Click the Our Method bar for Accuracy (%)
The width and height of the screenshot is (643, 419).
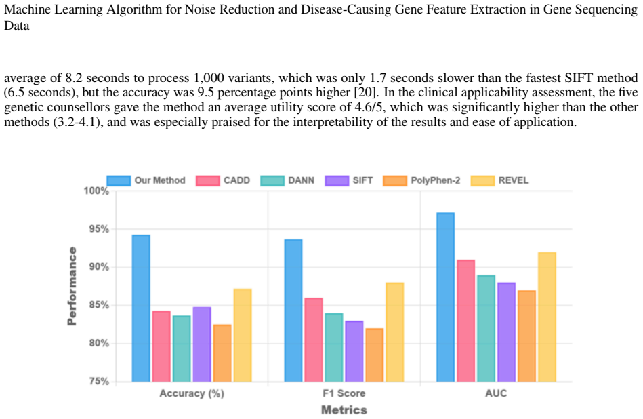[141, 308]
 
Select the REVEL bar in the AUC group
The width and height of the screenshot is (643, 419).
[547, 317]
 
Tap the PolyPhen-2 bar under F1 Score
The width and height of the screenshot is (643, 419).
[375, 355]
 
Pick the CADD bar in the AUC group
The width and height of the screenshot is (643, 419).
[466, 321]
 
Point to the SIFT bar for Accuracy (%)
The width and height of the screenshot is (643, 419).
[202, 344]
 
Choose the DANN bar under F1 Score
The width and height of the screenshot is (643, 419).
[334, 347]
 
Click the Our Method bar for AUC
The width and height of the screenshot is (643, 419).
[445, 297]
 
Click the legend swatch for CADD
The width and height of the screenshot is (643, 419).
[207, 180]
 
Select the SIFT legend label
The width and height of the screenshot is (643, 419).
[362, 180]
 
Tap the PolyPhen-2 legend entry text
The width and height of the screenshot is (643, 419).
[436, 180]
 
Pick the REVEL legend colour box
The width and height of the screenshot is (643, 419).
[482, 180]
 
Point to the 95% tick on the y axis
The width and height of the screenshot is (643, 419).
[99, 229]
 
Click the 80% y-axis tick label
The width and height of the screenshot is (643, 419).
[99, 343]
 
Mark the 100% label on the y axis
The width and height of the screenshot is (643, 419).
[96, 191]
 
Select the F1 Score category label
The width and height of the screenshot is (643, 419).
[344, 393]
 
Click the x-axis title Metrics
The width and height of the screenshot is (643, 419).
[344, 410]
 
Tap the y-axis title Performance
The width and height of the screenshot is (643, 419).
[72, 286]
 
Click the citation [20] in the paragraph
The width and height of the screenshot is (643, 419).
[367, 92]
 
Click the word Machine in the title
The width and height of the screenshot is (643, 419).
[28, 9]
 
